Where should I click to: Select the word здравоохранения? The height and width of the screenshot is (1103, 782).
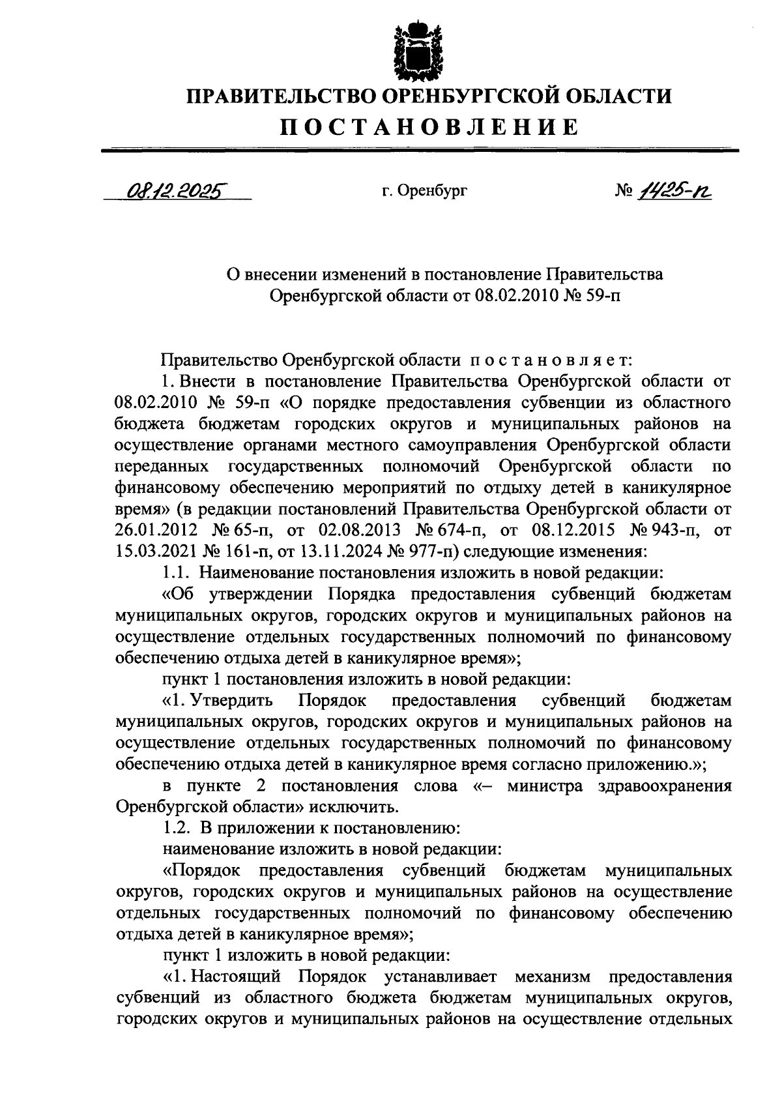pos(665,786)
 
